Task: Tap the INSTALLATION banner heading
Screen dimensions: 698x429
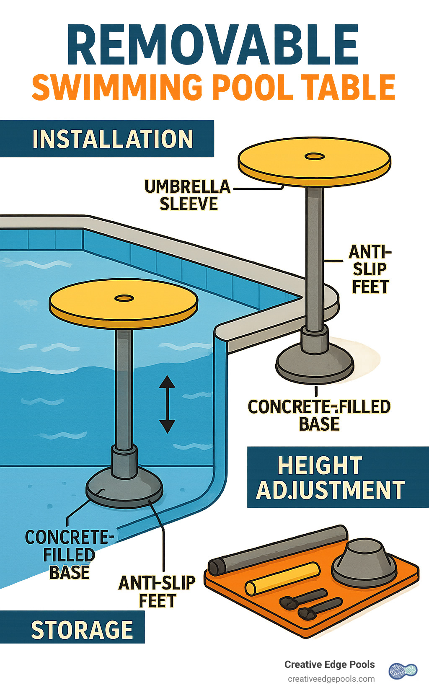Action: [x=112, y=139]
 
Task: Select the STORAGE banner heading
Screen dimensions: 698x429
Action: [x=82, y=630]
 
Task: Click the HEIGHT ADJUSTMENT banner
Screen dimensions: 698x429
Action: [x=331, y=478]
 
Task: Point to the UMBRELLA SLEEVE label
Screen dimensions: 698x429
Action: [x=188, y=195]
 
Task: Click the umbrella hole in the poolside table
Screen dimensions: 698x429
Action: [x=315, y=156]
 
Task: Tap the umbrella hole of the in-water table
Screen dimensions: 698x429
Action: [x=124, y=298]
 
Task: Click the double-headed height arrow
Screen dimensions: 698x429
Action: [x=167, y=404]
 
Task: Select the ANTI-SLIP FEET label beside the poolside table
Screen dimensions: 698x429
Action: [x=370, y=269]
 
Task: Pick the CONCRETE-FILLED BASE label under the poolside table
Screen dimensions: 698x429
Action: [x=319, y=415]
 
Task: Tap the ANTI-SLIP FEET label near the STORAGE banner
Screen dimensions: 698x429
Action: [x=157, y=592]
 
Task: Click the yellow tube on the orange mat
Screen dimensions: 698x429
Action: [x=282, y=578]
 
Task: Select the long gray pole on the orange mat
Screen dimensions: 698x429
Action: [x=278, y=549]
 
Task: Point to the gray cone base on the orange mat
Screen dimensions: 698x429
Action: [x=364, y=561]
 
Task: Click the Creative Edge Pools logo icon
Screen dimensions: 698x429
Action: [x=403, y=671]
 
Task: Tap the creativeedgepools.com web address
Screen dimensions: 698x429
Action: [x=331, y=679]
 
